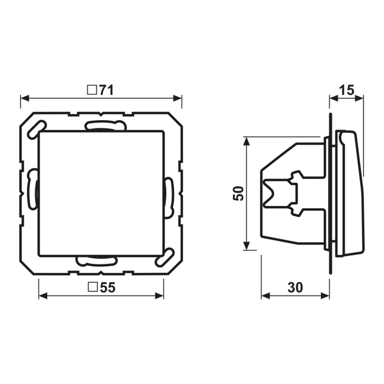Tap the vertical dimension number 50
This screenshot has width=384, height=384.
pyautogui.click(x=238, y=193)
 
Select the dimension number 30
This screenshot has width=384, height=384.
pyautogui.click(x=295, y=288)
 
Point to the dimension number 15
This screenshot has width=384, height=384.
pyautogui.click(x=347, y=90)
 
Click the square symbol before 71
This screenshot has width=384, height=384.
pyautogui.click(x=92, y=90)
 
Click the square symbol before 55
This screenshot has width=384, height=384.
pyautogui.click(x=93, y=288)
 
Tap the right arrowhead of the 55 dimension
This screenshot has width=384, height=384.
pyautogui.click(x=159, y=296)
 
